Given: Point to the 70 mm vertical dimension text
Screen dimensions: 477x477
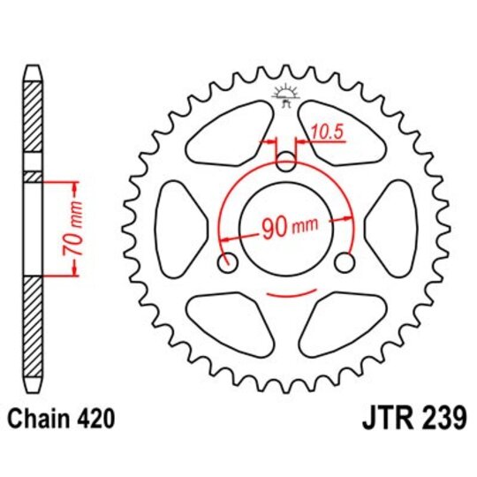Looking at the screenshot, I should (79, 229).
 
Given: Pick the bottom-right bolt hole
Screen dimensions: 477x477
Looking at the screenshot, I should (346, 262).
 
